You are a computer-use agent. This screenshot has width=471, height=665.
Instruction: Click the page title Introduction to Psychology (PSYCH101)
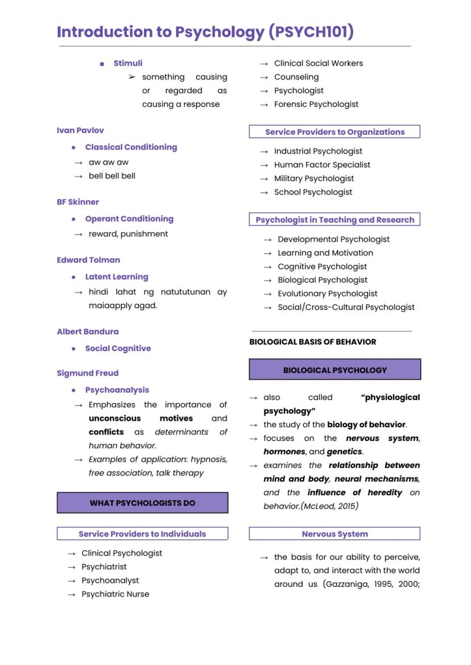[205, 32]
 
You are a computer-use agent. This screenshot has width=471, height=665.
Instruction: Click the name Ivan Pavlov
[80, 130]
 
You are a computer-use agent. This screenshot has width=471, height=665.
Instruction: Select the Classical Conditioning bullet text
[131, 147]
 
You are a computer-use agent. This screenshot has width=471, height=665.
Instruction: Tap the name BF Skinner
[78, 202]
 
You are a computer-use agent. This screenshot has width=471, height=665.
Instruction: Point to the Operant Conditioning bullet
[129, 218]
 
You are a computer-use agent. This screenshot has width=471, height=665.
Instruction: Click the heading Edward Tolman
[88, 260]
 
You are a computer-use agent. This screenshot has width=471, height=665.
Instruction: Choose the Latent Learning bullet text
[117, 276]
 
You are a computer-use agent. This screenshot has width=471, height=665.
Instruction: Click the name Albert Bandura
[88, 332]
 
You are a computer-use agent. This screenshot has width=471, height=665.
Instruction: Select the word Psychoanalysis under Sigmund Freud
[117, 390]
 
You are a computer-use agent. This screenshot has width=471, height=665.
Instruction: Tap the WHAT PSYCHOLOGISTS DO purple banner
[142, 503]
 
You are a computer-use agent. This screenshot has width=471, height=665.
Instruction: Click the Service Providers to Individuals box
[142, 534]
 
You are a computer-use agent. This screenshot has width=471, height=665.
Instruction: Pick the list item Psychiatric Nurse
[115, 594]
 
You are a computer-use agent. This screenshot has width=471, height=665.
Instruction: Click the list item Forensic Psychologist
[316, 104]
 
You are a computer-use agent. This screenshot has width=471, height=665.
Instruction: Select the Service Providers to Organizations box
[334, 132]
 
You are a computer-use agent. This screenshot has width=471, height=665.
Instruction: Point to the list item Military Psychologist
[314, 178]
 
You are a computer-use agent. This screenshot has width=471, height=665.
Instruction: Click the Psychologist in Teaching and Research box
[334, 220]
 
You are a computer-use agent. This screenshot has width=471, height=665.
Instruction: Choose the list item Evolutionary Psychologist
[328, 294]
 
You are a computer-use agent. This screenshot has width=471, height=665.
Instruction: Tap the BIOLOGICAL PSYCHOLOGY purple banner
[334, 370]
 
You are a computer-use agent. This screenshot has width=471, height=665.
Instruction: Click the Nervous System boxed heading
[334, 534]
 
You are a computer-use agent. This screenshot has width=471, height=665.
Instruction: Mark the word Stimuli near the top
[128, 63]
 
